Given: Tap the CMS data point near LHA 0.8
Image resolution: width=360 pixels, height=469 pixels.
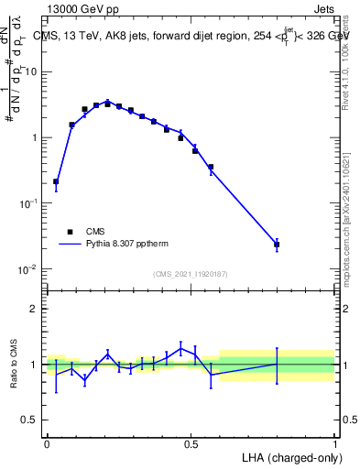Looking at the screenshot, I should [277, 245].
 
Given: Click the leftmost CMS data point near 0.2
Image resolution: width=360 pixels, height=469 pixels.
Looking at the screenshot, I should [56, 181].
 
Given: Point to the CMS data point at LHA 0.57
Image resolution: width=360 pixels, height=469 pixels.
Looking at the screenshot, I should [211, 168].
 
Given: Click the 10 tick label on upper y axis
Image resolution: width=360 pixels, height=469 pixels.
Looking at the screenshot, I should [32, 71].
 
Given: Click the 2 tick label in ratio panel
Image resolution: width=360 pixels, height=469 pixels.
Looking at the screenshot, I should [34, 309].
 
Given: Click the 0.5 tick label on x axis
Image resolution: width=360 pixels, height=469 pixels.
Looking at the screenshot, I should [191, 443].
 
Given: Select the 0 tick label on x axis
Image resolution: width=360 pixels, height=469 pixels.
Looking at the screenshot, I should [47, 443].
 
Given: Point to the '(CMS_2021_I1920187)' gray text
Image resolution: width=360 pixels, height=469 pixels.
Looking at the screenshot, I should [191, 274].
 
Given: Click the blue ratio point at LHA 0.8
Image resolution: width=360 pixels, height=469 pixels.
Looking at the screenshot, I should [277, 365].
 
